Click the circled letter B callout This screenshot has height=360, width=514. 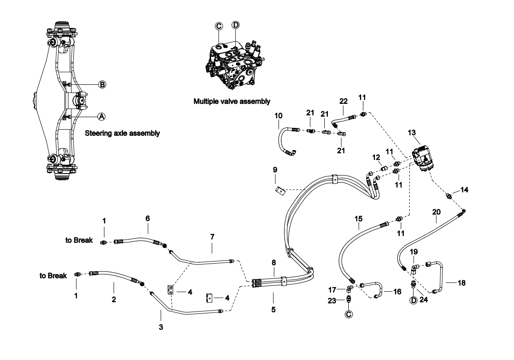click(x=102, y=84)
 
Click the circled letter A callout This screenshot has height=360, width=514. click(x=102, y=115)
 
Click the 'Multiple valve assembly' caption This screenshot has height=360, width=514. click(x=231, y=101)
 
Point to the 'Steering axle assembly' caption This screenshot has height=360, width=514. click(x=123, y=133)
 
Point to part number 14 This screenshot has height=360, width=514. click(x=464, y=190)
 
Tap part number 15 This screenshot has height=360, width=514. click(x=358, y=218)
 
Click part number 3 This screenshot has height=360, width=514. click(x=161, y=327)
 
